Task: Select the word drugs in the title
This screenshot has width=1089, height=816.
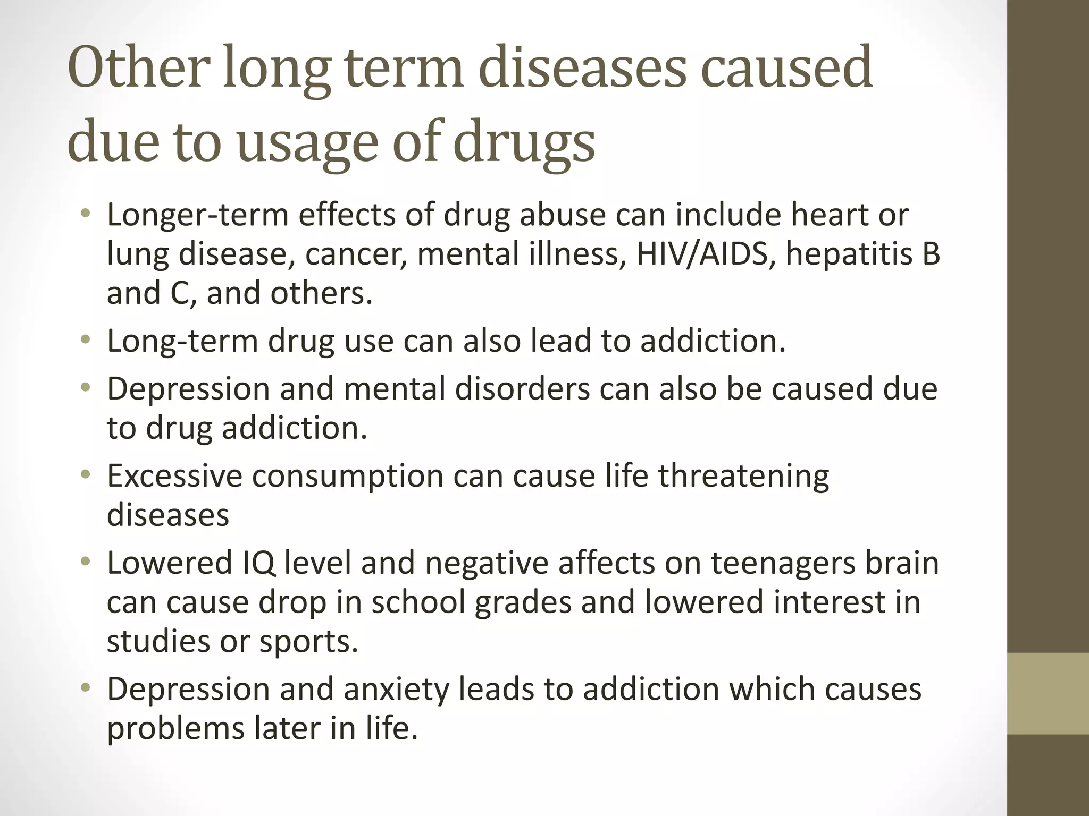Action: click(x=524, y=143)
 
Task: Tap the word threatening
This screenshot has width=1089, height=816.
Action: click(x=743, y=475)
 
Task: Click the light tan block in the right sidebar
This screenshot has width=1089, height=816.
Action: click(x=1048, y=693)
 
